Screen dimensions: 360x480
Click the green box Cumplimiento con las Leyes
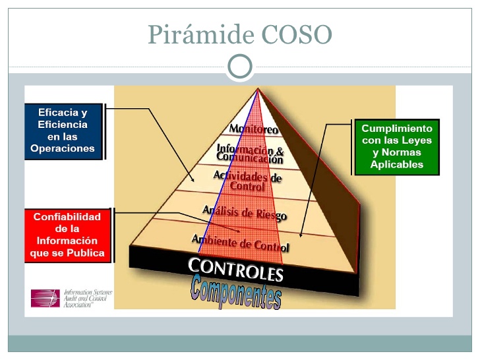397,146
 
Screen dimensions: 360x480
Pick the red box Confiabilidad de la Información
69,235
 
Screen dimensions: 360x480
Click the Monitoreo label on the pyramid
253,129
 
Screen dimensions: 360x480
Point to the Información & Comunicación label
251,154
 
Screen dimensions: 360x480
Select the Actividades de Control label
247,181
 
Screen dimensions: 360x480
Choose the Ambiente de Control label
240,241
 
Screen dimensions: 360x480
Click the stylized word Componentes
236,291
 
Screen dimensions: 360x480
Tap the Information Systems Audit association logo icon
45,297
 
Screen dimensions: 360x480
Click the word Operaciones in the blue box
63,149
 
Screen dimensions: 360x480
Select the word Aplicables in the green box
397,164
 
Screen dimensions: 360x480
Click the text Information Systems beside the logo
88,291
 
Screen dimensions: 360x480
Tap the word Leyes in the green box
415,140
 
